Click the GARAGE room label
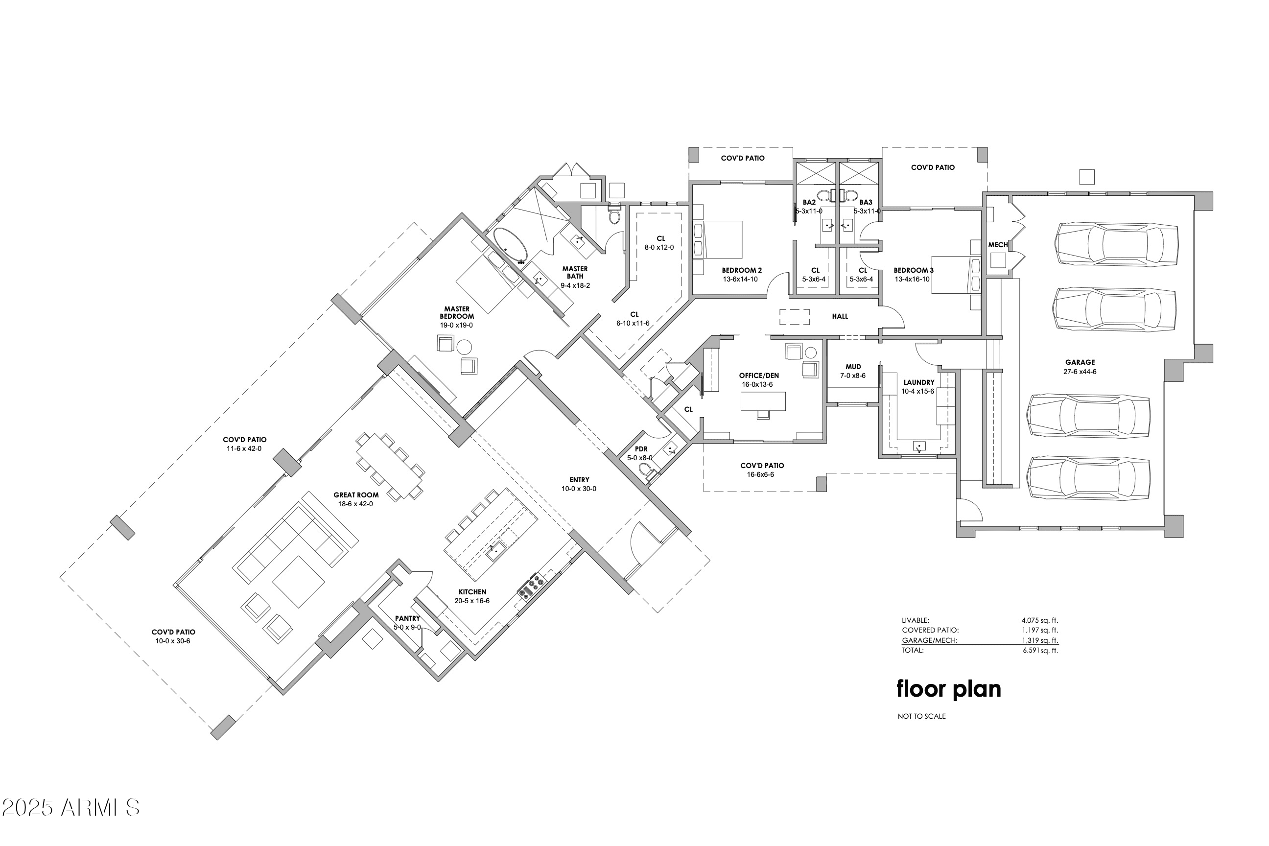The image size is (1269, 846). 1080,362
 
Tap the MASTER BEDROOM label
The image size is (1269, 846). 456,313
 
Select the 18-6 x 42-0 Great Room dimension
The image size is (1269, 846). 355,504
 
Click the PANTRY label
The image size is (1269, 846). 407,618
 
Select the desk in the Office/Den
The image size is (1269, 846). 762,401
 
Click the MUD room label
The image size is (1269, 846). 853,366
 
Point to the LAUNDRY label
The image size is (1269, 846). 918,382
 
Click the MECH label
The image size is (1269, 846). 998,245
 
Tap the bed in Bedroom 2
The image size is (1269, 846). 721,239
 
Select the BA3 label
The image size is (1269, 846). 866,202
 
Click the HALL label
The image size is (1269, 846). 840,316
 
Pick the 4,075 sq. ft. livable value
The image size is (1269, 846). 1039,620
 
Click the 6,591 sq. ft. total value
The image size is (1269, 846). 1040,651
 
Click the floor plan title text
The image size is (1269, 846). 948,689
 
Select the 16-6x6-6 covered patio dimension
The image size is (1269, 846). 760,475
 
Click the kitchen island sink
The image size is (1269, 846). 496,551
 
